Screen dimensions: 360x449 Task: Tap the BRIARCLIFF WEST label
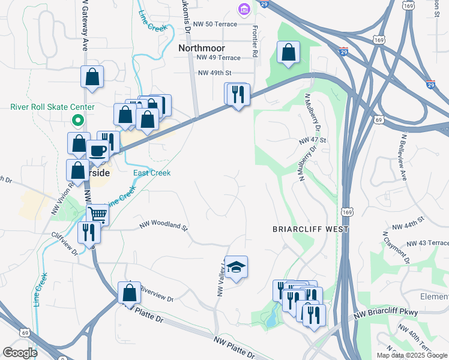pos(310,229)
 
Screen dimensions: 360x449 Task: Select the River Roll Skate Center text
pos(52,107)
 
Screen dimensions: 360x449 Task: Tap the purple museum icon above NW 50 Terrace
pos(243,10)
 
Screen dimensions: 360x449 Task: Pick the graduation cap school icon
pos(237,267)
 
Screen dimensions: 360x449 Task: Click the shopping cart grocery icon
pos(97,214)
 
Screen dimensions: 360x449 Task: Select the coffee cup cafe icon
pos(97,151)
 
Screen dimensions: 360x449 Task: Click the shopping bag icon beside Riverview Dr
pos(129,293)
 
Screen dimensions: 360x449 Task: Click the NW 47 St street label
pos(312,140)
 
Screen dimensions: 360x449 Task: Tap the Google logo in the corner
pos(20,353)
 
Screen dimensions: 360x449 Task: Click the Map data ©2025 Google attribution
pos(411,355)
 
